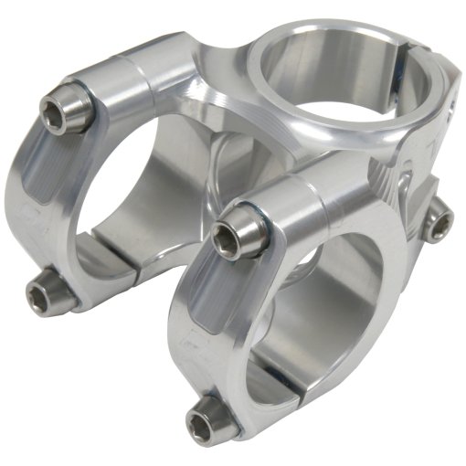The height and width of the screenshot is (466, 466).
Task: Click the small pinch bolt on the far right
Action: pos(441,217)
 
